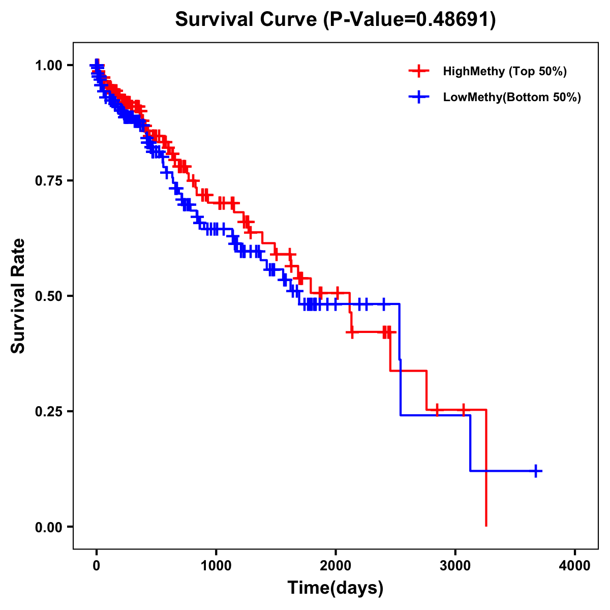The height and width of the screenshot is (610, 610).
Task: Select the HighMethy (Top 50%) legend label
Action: click(x=504, y=71)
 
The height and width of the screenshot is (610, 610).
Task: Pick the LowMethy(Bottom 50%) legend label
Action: click(x=512, y=98)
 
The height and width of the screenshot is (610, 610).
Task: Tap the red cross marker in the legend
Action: click(x=419, y=71)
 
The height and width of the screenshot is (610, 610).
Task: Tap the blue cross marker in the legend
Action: click(x=419, y=97)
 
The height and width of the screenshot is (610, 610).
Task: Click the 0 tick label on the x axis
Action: click(x=97, y=566)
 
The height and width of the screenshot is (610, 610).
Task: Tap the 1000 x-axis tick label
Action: click(x=216, y=566)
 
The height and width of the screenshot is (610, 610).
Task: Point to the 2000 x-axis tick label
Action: click(x=335, y=566)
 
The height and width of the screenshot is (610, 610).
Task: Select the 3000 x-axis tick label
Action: click(x=455, y=566)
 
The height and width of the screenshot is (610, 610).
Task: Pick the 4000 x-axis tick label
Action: click(x=575, y=566)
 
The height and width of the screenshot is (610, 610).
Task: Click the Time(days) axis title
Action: click(x=335, y=588)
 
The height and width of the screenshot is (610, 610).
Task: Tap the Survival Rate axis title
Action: click(x=18, y=296)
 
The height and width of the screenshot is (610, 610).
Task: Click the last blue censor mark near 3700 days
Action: click(x=535, y=471)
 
